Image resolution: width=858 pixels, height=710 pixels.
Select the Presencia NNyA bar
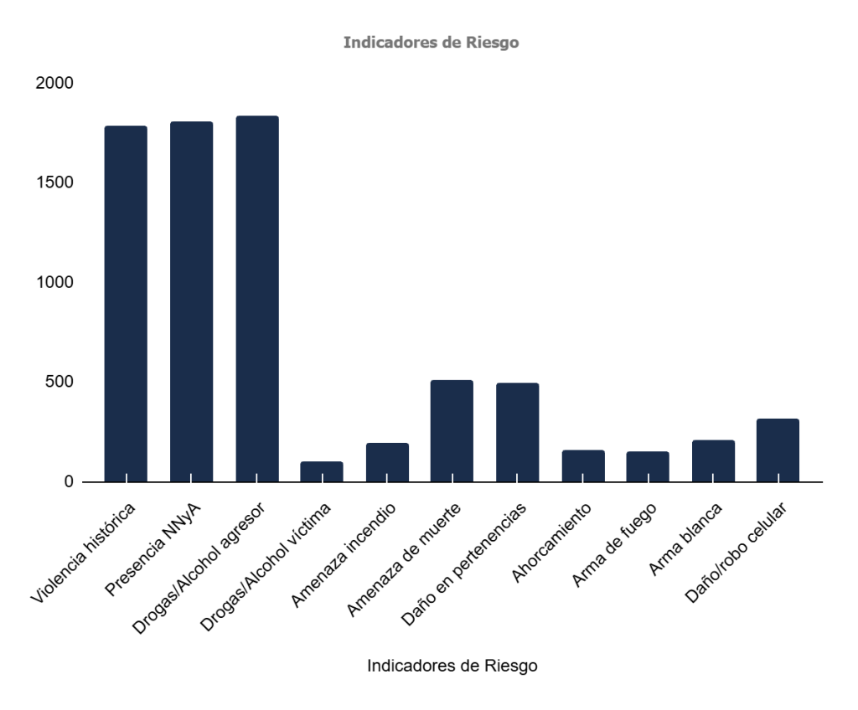pos(191,301)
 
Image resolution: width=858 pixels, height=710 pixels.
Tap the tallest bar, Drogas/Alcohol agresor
pos(256,298)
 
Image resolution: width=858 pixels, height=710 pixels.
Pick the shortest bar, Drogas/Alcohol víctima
pos(322,471)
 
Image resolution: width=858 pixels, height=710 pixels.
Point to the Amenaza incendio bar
pos(387,462)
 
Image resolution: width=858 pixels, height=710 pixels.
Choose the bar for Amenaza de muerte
pos(452,430)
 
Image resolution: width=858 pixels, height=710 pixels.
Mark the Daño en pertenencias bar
pos(517,432)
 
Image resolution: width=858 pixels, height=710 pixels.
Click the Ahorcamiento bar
pos(583,466)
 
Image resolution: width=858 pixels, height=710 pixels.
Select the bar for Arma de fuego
pos(648,466)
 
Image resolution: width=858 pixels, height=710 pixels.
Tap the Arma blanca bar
pos(713,460)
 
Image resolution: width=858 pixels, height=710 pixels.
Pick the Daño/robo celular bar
pos(778,450)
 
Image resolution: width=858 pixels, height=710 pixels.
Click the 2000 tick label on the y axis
pos(54,84)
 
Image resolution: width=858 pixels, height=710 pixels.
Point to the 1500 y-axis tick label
pos(54,183)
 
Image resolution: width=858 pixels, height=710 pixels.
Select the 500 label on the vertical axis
pos(59,383)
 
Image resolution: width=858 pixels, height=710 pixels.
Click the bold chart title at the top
pos(431,43)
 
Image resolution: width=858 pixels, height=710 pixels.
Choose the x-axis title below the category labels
pos(452,666)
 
